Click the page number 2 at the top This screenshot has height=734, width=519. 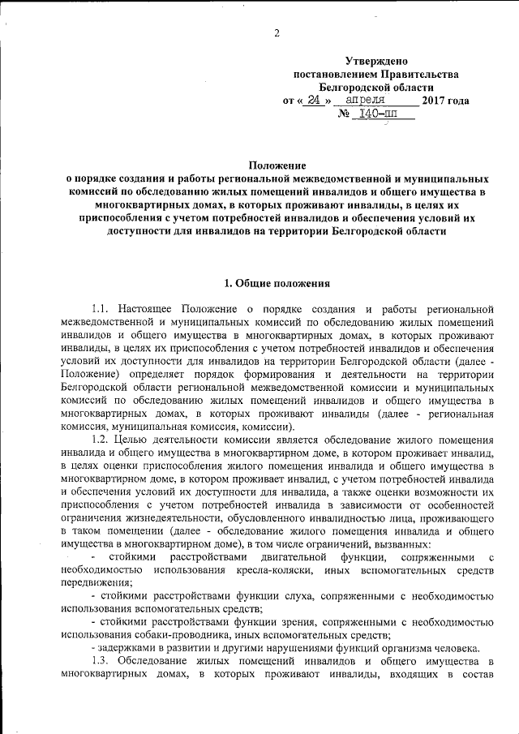277,33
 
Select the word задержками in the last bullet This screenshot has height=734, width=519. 128,647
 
